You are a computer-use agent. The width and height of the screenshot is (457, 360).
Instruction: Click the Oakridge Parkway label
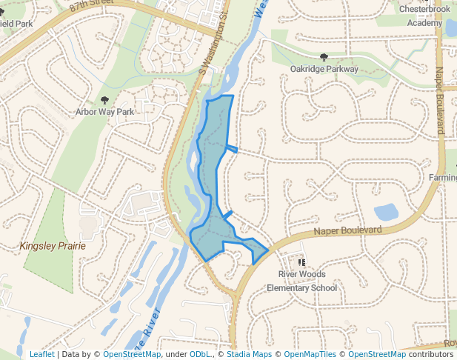pyautogui.click(x=324, y=69)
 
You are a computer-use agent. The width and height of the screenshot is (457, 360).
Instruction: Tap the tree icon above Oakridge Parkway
pyautogui.click(x=323, y=57)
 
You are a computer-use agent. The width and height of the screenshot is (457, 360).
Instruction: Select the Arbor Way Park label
pyautogui.click(x=104, y=112)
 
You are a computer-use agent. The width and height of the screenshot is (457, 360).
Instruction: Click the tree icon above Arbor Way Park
pyautogui.click(x=104, y=100)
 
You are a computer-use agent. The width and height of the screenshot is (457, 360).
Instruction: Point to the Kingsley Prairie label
pyautogui.click(x=53, y=245)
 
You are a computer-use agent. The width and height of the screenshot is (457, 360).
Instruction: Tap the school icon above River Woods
pyautogui.click(x=301, y=262)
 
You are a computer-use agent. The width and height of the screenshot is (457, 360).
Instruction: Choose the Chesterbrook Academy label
pyautogui.click(x=424, y=16)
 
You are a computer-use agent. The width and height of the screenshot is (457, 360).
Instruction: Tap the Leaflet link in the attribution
pyautogui.click(x=41, y=354)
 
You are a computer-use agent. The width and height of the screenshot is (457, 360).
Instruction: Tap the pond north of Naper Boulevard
pyautogui.click(x=386, y=212)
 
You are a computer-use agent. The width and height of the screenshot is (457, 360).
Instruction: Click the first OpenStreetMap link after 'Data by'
pyautogui.click(x=131, y=354)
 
